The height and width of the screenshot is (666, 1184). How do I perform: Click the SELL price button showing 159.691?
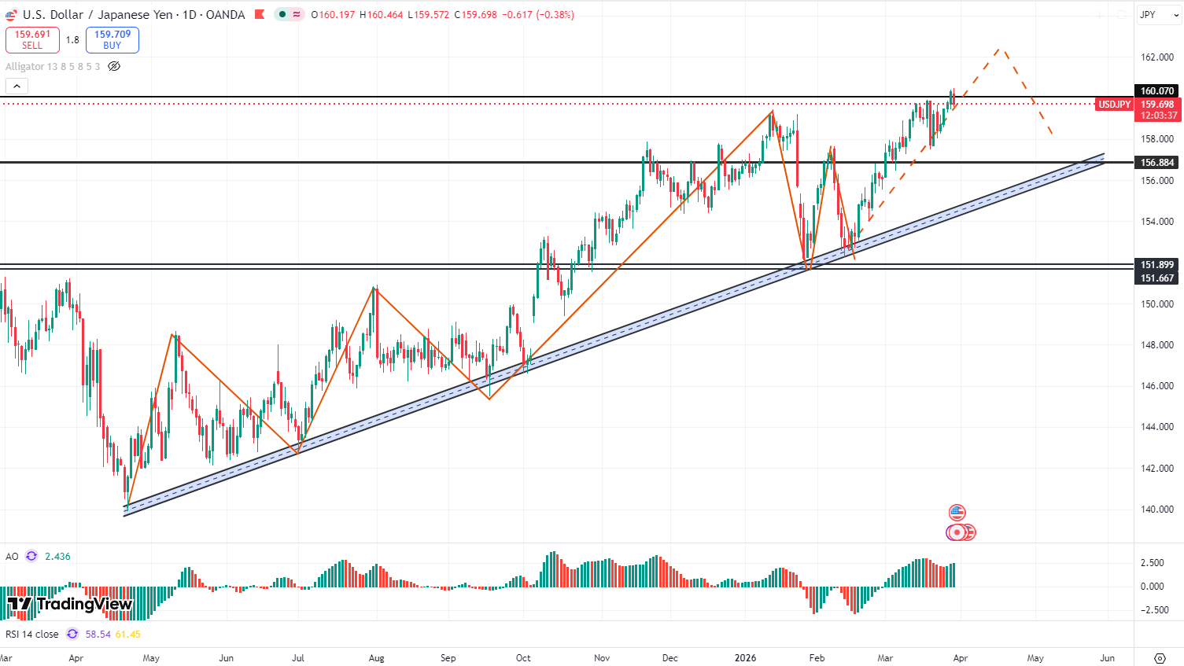click(x=32, y=39)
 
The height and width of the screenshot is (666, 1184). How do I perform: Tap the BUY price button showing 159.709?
click(x=112, y=39)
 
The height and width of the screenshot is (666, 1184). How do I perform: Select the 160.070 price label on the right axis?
click(x=1157, y=91)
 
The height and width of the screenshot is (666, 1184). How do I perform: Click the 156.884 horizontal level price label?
click(x=1157, y=163)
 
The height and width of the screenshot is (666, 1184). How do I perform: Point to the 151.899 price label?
click(x=1157, y=265)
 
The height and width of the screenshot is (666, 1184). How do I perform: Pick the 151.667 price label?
click(x=1157, y=278)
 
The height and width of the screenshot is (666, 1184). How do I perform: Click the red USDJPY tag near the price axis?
click(x=1114, y=105)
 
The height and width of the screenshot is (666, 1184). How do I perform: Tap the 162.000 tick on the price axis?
click(x=1157, y=57)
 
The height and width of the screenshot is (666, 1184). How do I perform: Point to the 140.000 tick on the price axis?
click(x=1157, y=510)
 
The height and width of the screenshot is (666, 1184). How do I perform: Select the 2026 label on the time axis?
click(x=745, y=658)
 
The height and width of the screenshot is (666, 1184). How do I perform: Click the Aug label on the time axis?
click(x=377, y=658)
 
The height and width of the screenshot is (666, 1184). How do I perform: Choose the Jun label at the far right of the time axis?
click(x=1107, y=658)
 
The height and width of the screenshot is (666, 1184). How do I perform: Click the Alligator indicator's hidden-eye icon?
click(x=114, y=67)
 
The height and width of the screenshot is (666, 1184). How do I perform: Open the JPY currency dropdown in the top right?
click(x=1159, y=15)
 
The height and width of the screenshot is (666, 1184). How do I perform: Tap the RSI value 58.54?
click(x=98, y=635)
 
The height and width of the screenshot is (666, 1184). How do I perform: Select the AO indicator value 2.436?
click(x=57, y=557)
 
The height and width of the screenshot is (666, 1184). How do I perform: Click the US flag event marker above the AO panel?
click(x=957, y=513)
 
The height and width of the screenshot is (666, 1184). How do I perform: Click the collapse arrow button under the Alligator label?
click(x=17, y=86)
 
